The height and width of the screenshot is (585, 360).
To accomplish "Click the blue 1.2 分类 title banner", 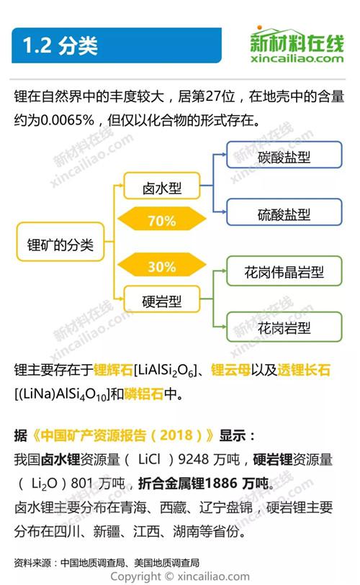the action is coord(117,45).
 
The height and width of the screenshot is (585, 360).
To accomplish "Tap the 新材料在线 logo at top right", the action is coord(297,44).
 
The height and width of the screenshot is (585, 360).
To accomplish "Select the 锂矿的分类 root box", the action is coord(60,242).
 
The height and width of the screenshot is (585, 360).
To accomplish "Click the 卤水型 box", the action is coord(162,186).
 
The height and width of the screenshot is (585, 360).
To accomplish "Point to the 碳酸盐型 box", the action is coord(284,155).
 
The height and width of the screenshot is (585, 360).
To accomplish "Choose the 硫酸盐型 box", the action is coord(284,212).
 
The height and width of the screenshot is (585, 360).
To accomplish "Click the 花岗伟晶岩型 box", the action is coord(284,271).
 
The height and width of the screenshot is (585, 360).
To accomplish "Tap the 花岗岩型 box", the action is coord(284,327).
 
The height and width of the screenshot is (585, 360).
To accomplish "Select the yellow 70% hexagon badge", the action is coord(162,219).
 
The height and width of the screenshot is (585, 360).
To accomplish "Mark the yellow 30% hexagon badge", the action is coord(162,265).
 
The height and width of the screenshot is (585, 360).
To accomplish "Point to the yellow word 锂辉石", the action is coord(113,370).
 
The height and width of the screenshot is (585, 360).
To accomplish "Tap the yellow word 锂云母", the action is coord(230,370).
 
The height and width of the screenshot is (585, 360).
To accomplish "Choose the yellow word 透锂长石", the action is coord(304,370).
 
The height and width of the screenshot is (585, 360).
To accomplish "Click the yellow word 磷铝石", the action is coord(144,394).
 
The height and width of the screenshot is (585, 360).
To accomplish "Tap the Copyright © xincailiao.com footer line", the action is coord(180,576).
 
